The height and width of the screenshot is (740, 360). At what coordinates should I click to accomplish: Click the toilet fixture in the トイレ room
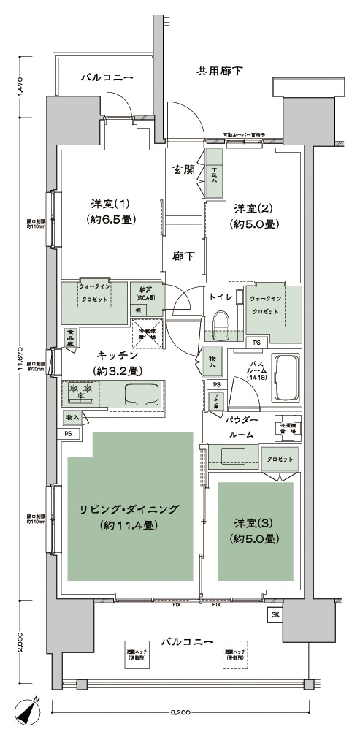[x=220, y=321]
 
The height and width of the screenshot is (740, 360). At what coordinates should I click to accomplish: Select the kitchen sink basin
[x=141, y=395]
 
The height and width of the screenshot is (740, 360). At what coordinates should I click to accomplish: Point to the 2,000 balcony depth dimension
[x=23, y=644]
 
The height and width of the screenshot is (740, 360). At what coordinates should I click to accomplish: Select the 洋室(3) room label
[x=255, y=531]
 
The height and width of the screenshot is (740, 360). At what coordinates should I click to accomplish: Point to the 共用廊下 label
[x=220, y=71]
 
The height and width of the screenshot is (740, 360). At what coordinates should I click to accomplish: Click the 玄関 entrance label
[x=183, y=169]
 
